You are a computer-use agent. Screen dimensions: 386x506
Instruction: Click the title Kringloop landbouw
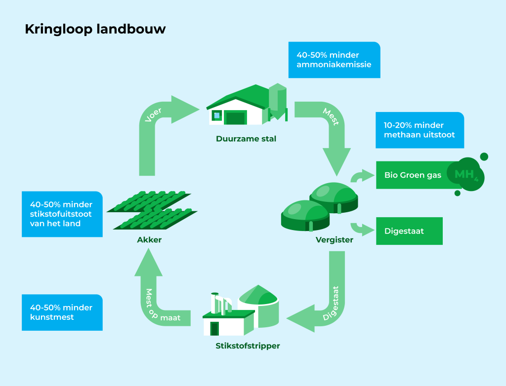[x=95, y=30]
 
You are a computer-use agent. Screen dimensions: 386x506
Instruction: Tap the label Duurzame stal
[x=246, y=139]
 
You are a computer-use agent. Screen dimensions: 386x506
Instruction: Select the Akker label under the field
[x=149, y=240]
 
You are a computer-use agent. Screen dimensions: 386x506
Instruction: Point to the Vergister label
[x=334, y=240]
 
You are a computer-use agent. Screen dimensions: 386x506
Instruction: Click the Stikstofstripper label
[x=248, y=346]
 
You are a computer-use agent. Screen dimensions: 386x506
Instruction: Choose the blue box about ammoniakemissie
[x=334, y=60]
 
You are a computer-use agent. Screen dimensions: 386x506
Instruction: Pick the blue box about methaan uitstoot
[x=420, y=130]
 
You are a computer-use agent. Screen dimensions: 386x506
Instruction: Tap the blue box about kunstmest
[x=62, y=312]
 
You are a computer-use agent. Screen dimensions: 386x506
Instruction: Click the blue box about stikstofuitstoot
[x=62, y=214]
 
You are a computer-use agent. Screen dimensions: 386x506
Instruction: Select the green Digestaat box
[x=409, y=231]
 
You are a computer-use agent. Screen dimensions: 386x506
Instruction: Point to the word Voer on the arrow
[x=154, y=115]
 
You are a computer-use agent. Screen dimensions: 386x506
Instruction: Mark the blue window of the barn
[x=216, y=116]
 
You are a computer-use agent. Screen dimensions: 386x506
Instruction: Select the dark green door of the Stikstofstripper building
[x=214, y=328]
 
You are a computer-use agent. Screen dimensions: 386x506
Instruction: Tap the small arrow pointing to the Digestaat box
[x=362, y=229]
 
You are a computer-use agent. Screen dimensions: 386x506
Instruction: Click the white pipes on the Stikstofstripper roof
[x=221, y=303]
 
